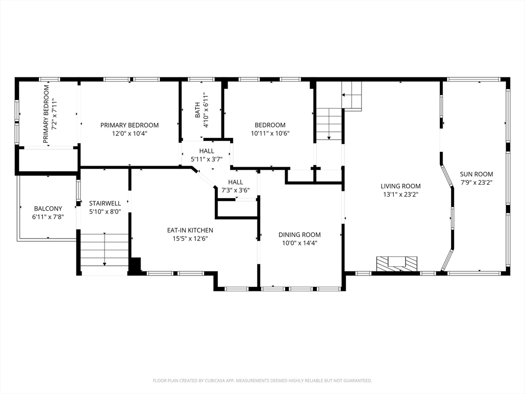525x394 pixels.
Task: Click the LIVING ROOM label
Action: pos(400,186)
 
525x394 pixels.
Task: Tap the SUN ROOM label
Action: pos(476,174)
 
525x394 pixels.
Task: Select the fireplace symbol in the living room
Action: pos(397,263)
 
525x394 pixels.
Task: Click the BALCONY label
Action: pos(48,209)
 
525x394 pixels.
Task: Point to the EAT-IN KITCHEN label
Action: pos(190,230)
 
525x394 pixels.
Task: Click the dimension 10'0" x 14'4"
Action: pos(299,243)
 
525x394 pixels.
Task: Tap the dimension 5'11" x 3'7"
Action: pos(207,160)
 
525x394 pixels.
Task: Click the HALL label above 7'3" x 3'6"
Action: pos(235,182)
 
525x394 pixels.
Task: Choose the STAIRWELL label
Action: pos(105,204)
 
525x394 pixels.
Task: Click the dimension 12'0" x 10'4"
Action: pos(129,133)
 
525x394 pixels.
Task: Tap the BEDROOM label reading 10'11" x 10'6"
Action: pos(270,125)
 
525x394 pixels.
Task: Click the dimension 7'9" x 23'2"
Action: pos(476,182)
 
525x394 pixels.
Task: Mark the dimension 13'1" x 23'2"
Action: pos(400,194)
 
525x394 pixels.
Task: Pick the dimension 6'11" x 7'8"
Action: pos(48,217)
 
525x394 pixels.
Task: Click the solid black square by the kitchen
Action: pos(135,265)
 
